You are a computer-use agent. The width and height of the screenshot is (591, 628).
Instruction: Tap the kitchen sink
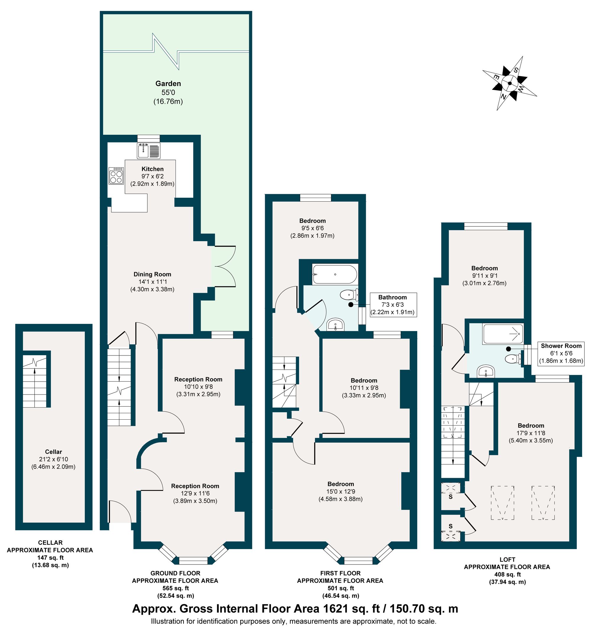(148, 150)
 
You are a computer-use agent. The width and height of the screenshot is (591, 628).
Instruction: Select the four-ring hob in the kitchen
(116, 176)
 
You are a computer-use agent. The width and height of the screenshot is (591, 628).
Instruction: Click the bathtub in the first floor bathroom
(335, 274)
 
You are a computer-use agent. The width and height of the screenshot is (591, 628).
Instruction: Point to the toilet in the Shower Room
(512, 359)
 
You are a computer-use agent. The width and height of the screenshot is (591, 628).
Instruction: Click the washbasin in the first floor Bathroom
(335, 324)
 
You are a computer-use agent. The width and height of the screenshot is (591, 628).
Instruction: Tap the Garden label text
(168, 83)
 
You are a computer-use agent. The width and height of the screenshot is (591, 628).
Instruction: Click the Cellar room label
(53, 452)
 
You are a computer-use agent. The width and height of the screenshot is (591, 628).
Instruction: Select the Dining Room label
(152, 274)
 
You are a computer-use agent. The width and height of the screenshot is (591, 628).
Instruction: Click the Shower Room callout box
(561, 353)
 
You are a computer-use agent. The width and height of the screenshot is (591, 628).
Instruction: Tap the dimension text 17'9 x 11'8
(531, 433)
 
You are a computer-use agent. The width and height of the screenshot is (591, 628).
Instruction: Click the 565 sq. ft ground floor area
(176, 588)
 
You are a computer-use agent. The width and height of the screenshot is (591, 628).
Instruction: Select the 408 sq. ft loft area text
(507, 575)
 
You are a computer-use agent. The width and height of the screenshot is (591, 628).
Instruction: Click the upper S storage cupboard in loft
(451, 496)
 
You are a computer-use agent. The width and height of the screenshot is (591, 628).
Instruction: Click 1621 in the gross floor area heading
(335, 608)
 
